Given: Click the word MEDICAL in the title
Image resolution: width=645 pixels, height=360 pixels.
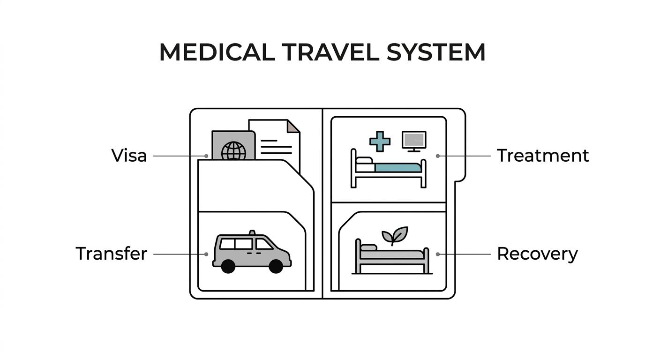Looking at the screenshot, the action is pyautogui.click(x=217, y=52).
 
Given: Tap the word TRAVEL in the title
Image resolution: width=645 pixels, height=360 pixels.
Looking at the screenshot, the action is pyautogui.click(x=330, y=52).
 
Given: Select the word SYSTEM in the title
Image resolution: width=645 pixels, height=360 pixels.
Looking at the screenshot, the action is pyautogui.click(x=436, y=52).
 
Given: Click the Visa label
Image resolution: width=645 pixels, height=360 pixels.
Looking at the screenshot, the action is pyautogui.click(x=129, y=156).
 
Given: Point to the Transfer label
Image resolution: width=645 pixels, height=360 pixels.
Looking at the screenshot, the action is pyautogui.click(x=112, y=254).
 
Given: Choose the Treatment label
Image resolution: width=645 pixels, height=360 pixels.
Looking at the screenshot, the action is pyautogui.click(x=543, y=156).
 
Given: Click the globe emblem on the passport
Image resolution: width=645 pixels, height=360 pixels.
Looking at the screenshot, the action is pyautogui.click(x=233, y=150).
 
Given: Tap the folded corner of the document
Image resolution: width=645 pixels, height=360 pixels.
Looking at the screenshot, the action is pyautogui.click(x=293, y=127).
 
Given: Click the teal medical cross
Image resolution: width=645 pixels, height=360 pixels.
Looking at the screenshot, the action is pyautogui.click(x=380, y=142).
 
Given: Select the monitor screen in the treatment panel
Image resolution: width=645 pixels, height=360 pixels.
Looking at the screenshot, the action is pyautogui.click(x=414, y=140).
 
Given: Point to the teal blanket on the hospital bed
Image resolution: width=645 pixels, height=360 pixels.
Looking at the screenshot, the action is pyautogui.click(x=398, y=168).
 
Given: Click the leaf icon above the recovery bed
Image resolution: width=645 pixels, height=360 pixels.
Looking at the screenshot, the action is pyautogui.click(x=395, y=235).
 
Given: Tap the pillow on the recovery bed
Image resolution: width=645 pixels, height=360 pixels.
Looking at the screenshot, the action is pyautogui.click(x=368, y=247).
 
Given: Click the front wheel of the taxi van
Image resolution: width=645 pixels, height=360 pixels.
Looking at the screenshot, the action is pyautogui.click(x=276, y=266).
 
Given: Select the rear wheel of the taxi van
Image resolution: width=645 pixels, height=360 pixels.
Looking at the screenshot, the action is pyautogui.click(x=228, y=266).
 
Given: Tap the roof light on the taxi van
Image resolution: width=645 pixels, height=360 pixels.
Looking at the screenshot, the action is pyautogui.click(x=252, y=232).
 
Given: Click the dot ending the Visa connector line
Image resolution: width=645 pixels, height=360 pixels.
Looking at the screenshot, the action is pyautogui.click(x=206, y=156).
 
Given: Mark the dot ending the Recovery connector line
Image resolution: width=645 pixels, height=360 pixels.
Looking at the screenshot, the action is pyautogui.click(x=438, y=255).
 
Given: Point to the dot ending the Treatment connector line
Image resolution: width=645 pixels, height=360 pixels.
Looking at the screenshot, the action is pyautogui.click(x=438, y=156).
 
